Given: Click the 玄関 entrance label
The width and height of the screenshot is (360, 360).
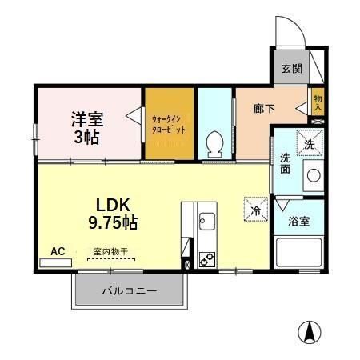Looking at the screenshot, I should tap(291, 69).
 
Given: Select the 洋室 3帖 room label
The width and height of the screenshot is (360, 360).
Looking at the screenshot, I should tap(86, 126).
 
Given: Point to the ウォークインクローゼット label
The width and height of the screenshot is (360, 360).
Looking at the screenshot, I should tap(169, 125).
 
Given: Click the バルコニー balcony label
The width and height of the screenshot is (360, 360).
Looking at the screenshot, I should tap(129, 291).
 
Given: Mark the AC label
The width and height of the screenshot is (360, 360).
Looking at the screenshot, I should tap(58, 251).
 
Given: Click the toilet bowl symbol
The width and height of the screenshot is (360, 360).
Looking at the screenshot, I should tap(214, 145).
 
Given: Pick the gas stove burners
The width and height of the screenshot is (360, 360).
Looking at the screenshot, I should tap(206, 258).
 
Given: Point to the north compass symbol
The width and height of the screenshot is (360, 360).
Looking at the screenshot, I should tap(310, 330).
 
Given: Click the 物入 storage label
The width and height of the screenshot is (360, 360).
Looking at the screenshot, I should tap(318, 99).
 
